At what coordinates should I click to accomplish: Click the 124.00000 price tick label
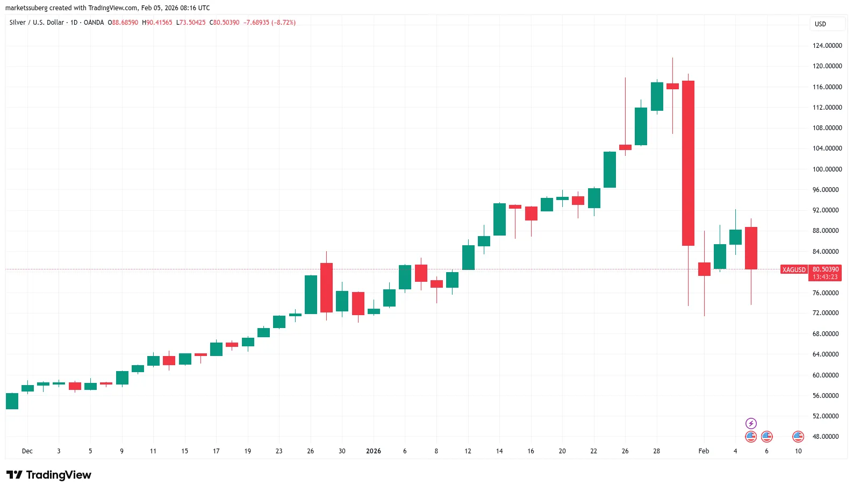click(827, 46)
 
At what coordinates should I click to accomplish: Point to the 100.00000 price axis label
click(827, 169)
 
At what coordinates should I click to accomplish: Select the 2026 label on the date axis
click(373, 451)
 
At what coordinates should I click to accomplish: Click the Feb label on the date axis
click(704, 451)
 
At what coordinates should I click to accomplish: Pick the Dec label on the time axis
click(27, 451)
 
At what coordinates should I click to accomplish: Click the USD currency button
click(820, 24)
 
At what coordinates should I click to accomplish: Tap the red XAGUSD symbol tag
click(794, 270)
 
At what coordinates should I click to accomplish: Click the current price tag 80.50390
click(825, 269)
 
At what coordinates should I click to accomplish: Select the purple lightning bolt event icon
click(751, 424)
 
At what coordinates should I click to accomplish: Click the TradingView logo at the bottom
click(49, 475)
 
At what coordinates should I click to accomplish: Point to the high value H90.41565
click(157, 23)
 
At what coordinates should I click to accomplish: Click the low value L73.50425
click(191, 23)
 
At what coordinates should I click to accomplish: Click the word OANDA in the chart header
click(94, 23)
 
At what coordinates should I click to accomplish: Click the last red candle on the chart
click(751, 248)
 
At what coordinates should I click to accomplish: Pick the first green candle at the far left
click(12, 401)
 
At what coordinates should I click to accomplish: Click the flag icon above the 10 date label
click(798, 437)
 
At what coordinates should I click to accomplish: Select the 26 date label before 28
click(625, 451)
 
